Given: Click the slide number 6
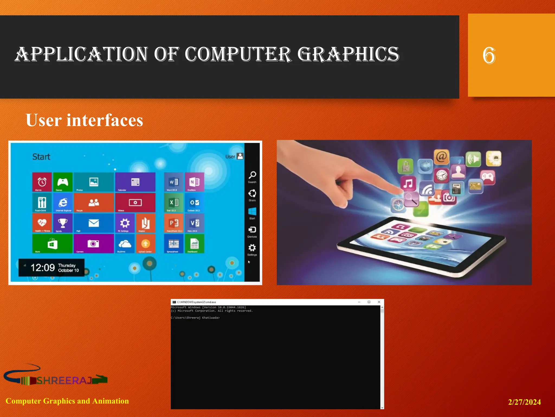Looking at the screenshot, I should click(x=489, y=55).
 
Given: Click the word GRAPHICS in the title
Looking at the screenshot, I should click(x=348, y=54).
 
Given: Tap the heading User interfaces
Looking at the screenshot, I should click(x=84, y=120).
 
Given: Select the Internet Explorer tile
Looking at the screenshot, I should click(x=63, y=203).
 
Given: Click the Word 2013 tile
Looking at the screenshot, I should click(x=174, y=182).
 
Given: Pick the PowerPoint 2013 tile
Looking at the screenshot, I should click(x=174, y=223).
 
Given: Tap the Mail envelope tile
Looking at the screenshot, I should click(x=93, y=223).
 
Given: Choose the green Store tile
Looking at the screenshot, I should click(x=52, y=244).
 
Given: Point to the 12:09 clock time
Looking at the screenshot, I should click(x=43, y=268).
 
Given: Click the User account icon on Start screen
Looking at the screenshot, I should click(x=240, y=156).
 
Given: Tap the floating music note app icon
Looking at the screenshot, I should click(x=408, y=184).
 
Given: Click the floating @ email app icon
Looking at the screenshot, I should click(x=441, y=157).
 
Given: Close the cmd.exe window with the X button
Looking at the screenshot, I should click(x=379, y=302).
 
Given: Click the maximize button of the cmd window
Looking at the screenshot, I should click(x=369, y=302).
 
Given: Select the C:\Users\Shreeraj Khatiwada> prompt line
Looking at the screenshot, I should click(x=195, y=318).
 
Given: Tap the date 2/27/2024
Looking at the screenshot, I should click(x=524, y=402).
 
